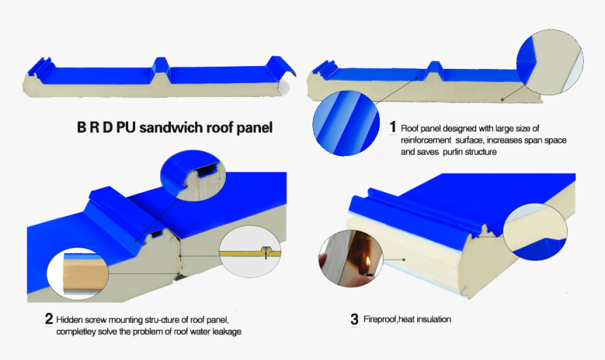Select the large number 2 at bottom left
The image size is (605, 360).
(x=49, y=319)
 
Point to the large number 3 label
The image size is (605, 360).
(x=354, y=319)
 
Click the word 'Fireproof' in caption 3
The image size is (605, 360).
(x=381, y=319)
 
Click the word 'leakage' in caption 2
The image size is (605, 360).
(x=224, y=331)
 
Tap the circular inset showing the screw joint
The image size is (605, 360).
(x=250, y=252)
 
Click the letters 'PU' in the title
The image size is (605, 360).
(x=125, y=128)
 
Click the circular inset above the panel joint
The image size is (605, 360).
(x=190, y=178)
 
